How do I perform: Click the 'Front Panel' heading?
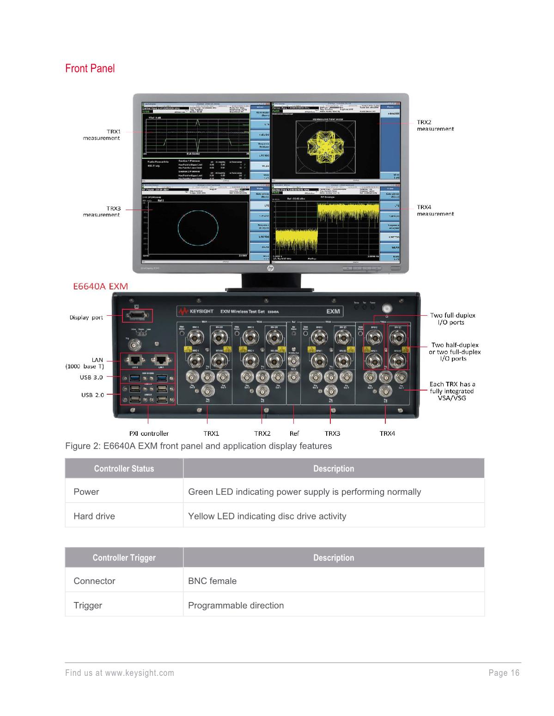click(x=90, y=69)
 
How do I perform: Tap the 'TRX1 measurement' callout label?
click(x=101, y=134)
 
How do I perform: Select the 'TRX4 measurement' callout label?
click(x=435, y=211)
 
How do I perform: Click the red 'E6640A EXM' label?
click(x=101, y=286)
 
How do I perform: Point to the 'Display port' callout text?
click(x=86, y=318)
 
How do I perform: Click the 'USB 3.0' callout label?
click(x=91, y=377)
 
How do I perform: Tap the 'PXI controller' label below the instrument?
click(x=148, y=433)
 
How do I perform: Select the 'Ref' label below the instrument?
click(x=294, y=433)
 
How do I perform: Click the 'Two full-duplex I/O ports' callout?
click(x=452, y=319)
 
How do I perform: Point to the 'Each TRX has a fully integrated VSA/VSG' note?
click(x=452, y=391)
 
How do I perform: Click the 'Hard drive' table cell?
click(x=94, y=516)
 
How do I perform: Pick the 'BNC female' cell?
click(x=212, y=581)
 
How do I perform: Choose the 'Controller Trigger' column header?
click(x=124, y=558)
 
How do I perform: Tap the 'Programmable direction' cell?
click(x=236, y=605)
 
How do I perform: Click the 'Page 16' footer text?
click(x=504, y=673)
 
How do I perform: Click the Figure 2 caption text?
click(x=198, y=446)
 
